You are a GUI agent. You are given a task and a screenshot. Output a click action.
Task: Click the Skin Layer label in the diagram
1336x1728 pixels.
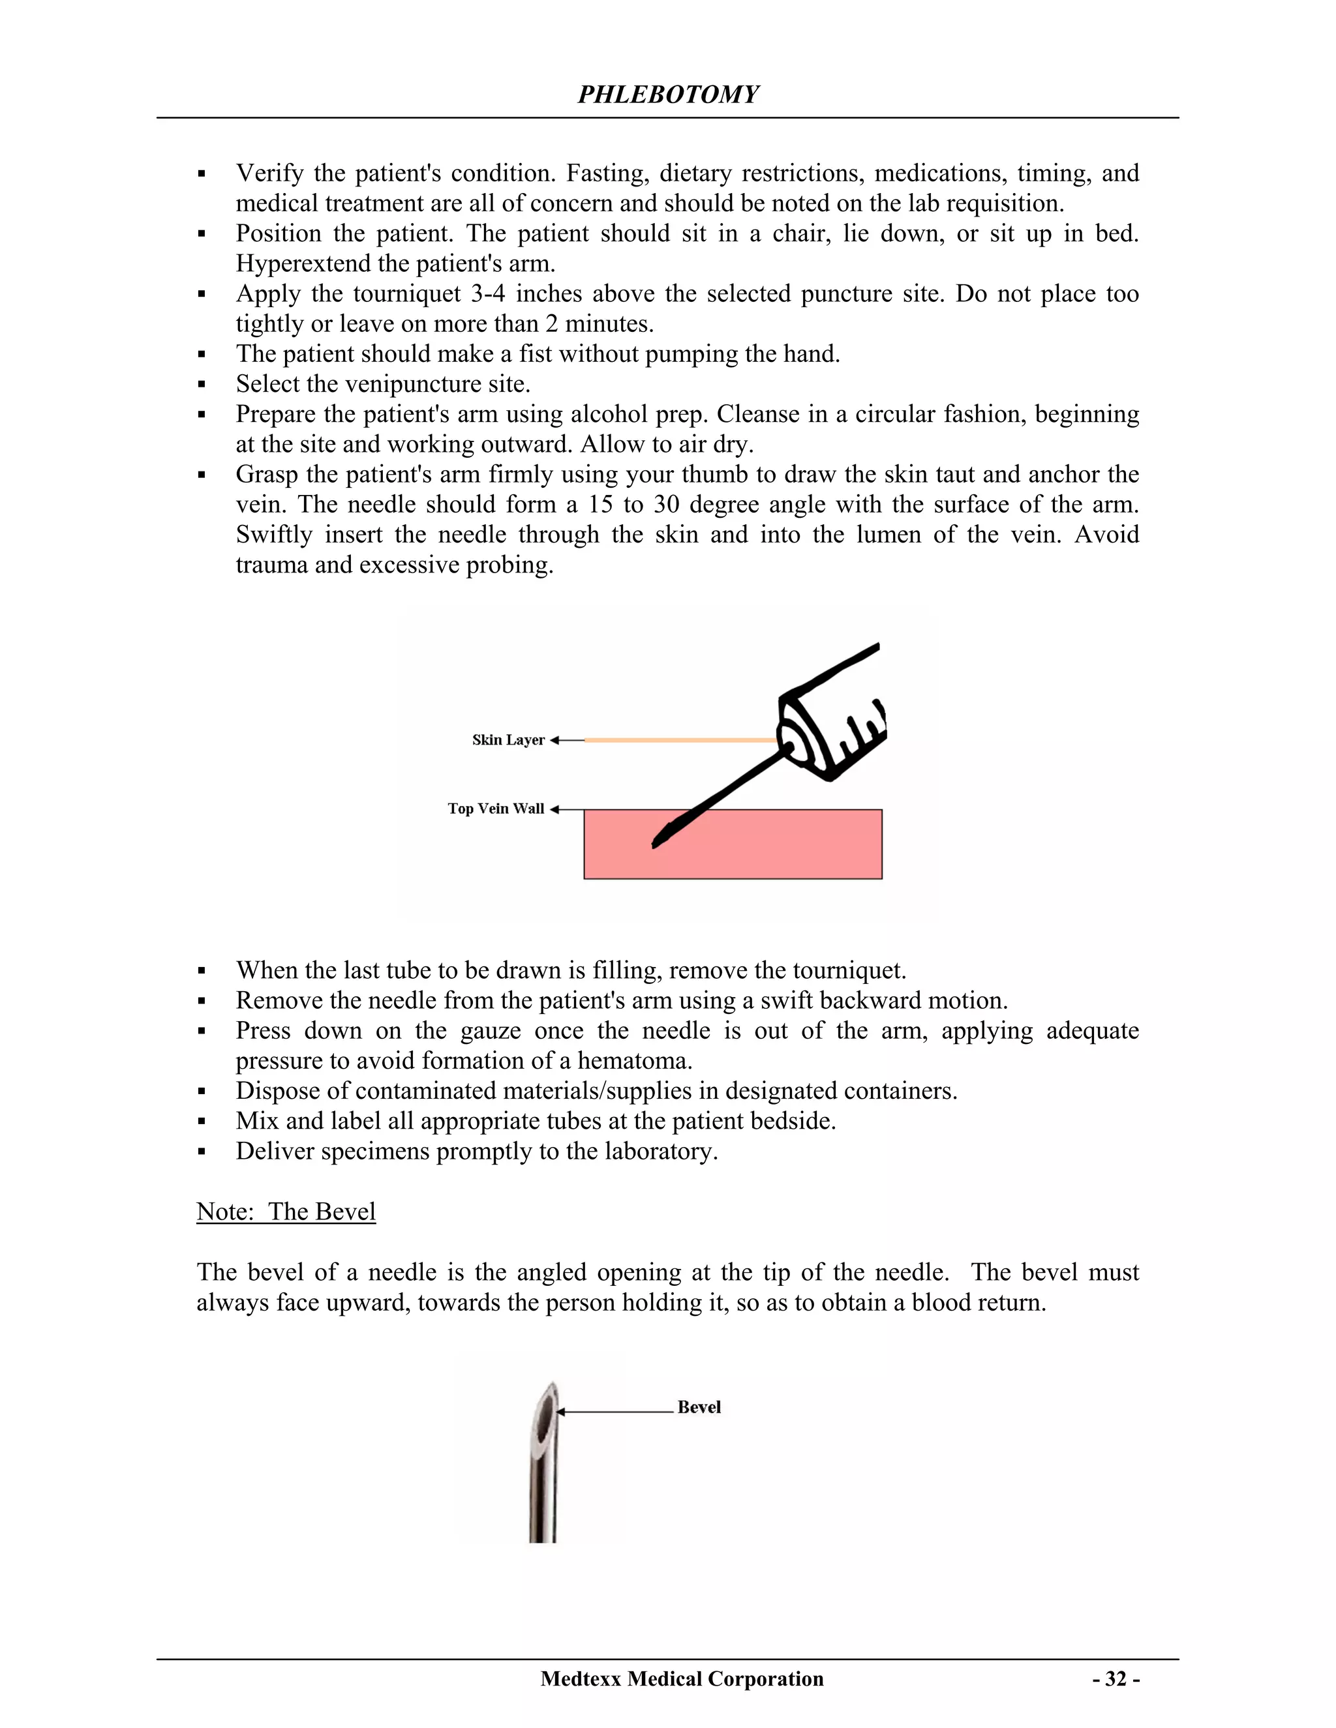click(x=508, y=740)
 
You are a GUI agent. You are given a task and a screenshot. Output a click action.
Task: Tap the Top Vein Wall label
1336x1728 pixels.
click(x=496, y=809)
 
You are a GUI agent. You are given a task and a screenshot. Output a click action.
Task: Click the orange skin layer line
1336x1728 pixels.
click(x=680, y=740)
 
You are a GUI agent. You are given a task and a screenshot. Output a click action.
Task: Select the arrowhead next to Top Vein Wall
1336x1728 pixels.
click(x=554, y=809)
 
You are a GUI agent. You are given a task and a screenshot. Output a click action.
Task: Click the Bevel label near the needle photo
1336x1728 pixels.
click(x=699, y=1407)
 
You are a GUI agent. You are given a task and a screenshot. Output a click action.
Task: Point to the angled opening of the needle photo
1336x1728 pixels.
click(x=545, y=1416)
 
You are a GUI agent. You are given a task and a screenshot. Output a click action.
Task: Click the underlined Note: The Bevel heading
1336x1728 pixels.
click(x=286, y=1212)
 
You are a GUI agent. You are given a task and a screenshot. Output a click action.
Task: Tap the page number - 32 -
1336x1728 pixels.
click(x=1116, y=1679)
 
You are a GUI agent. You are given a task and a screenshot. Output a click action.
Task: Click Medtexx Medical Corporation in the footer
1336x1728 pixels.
click(x=682, y=1679)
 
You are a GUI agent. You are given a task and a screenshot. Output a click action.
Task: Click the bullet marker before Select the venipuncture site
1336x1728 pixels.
click(x=202, y=385)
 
